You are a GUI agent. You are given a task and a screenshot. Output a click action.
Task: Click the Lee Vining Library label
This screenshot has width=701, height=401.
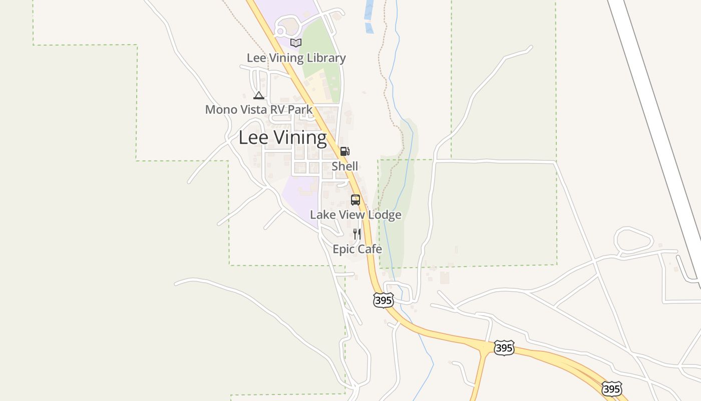296,58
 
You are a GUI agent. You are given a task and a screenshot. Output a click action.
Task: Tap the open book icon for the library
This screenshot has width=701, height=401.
296,43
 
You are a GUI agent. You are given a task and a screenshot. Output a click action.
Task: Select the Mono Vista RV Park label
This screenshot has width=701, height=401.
258,109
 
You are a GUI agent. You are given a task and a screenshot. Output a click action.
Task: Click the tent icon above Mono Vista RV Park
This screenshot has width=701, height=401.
258,95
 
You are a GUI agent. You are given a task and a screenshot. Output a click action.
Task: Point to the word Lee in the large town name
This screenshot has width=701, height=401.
253,137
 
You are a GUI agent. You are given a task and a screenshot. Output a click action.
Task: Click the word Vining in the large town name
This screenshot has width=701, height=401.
299,137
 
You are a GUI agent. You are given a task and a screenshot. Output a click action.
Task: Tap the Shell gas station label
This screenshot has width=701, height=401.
344,166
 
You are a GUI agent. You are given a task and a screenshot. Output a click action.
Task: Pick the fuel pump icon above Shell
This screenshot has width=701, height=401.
344,151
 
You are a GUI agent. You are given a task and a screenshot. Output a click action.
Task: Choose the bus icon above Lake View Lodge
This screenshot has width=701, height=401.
355,200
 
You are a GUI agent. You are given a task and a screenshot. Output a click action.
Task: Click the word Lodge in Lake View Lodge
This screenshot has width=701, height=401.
383,215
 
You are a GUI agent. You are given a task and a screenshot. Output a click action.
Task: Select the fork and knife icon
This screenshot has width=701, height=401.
357,234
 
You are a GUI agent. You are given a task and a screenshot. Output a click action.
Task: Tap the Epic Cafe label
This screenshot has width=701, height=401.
357,249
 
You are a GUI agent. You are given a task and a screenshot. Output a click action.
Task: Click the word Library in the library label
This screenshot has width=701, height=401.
326,58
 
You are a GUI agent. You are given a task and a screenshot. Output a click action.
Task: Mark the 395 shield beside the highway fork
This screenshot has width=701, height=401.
503,347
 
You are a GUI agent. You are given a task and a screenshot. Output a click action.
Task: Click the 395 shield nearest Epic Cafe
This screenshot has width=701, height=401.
383,300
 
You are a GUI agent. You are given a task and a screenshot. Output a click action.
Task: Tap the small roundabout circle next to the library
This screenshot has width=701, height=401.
280,32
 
